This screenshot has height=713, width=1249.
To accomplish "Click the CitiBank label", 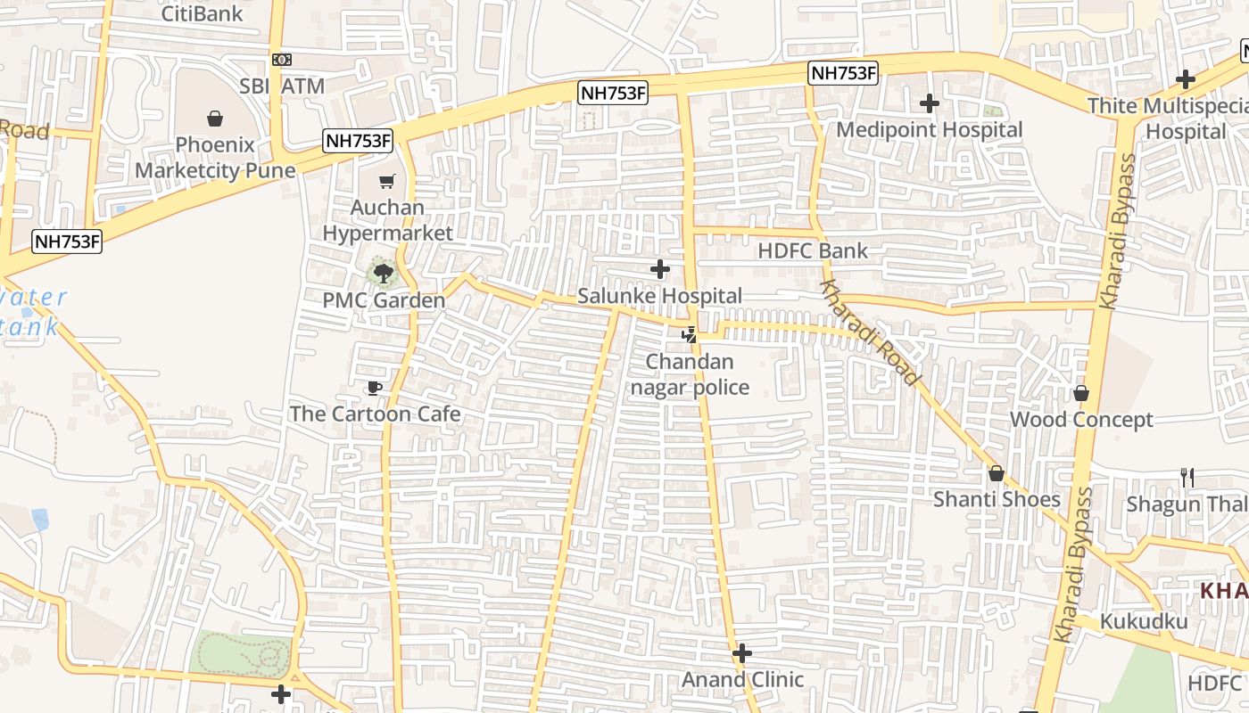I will [x=202, y=13].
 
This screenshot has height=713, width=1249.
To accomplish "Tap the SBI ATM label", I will [x=281, y=86].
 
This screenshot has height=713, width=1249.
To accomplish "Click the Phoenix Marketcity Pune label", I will [x=215, y=157].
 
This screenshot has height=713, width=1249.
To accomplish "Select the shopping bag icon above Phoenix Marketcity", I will [x=215, y=119].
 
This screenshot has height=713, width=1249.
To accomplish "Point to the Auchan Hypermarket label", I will [x=387, y=220].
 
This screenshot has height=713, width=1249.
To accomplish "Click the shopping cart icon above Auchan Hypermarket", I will [x=387, y=182].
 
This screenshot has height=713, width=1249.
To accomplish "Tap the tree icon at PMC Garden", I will [x=384, y=273].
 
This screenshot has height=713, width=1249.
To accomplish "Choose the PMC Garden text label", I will [x=384, y=300].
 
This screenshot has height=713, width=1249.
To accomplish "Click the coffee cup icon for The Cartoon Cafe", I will [x=375, y=388].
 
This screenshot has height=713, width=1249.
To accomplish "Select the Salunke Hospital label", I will [x=659, y=296].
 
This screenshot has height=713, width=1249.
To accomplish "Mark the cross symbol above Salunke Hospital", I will [x=660, y=269].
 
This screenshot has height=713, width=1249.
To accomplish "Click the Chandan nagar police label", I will [x=690, y=374].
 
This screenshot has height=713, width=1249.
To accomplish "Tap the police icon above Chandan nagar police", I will [x=689, y=335].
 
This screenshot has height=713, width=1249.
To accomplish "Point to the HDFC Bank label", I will [x=812, y=251].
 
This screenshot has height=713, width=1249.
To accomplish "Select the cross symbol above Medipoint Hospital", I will [x=930, y=104].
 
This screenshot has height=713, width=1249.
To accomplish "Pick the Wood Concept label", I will [x=1081, y=419].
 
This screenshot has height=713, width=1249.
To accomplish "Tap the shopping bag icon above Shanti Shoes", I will [x=997, y=473].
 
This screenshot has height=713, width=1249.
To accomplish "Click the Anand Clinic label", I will [x=742, y=680].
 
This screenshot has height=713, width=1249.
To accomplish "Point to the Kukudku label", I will [x=1144, y=621].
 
